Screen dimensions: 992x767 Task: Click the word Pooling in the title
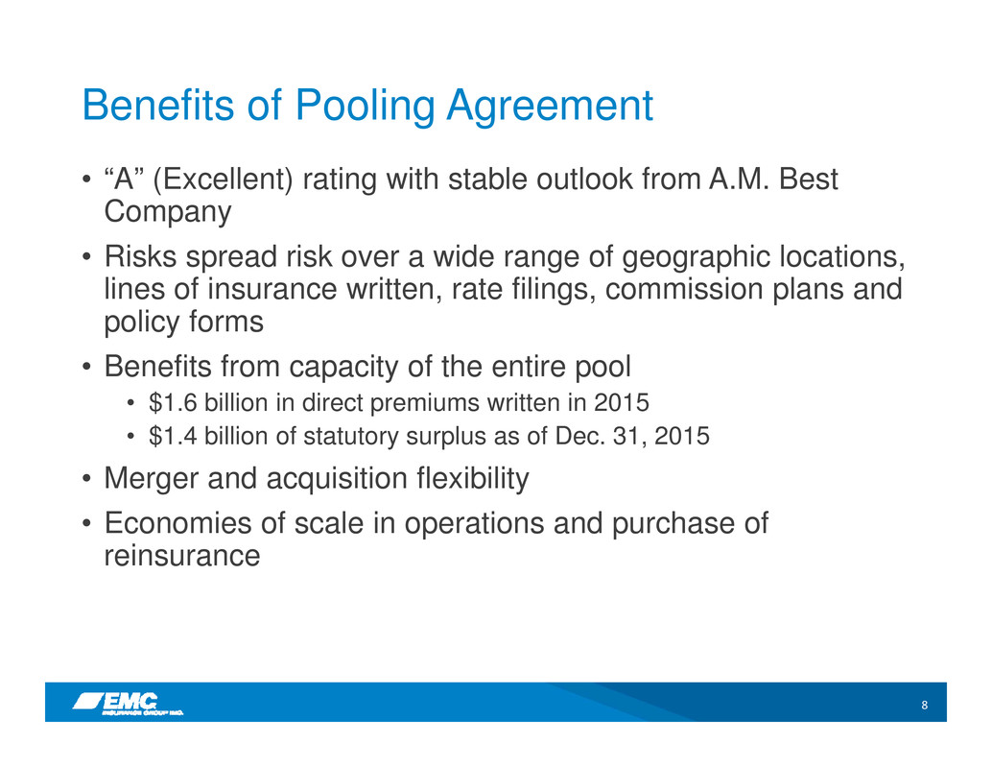click(365, 106)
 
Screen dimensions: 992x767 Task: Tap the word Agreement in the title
click(550, 106)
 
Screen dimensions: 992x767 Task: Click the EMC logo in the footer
click(129, 704)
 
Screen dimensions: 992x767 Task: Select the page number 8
click(924, 705)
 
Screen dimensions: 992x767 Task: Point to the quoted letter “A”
click(124, 180)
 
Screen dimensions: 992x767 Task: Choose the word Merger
click(152, 479)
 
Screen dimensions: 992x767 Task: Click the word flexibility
click(473, 479)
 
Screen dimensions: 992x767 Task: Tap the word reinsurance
click(182, 556)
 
